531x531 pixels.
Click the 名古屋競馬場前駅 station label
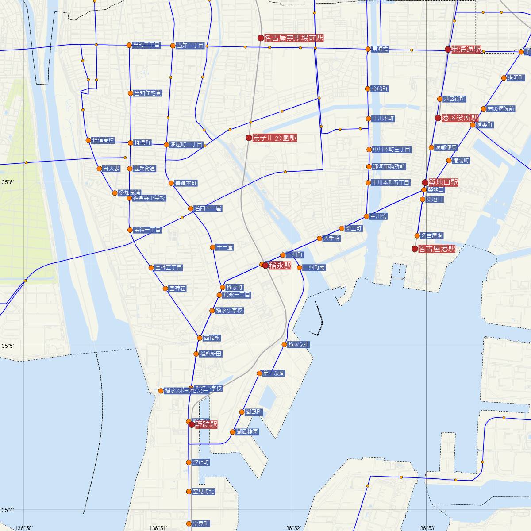[x=293, y=38]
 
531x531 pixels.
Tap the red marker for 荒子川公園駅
[x=249, y=138]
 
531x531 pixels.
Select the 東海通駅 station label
[x=466, y=50]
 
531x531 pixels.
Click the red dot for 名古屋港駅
[x=415, y=249]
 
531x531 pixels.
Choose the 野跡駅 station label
[x=206, y=424]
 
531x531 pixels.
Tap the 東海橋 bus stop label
[x=380, y=49]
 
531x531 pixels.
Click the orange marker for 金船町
[x=367, y=89]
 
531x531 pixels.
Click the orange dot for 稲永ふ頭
[x=285, y=344]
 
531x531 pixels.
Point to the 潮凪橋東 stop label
[x=247, y=431]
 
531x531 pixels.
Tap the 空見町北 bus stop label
[x=204, y=491]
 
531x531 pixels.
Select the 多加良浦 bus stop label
[x=129, y=193]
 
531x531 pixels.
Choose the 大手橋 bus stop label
[x=331, y=239]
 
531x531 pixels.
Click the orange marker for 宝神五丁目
[x=151, y=268]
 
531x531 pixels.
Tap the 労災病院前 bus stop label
[x=500, y=108]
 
